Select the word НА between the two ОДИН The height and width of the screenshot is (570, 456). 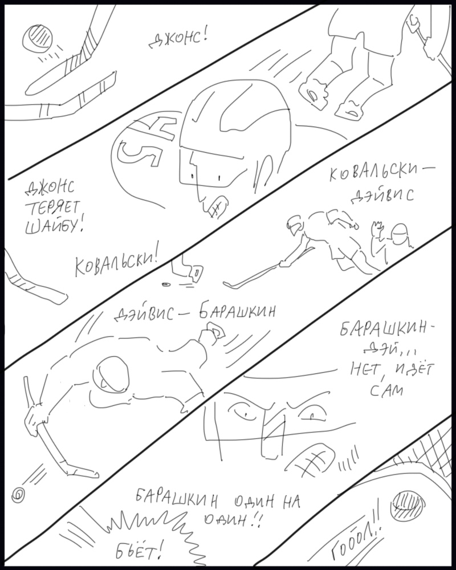click(x=290, y=502)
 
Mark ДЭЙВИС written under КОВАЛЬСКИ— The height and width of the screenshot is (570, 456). click(x=381, y=196)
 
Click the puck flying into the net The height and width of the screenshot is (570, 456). click(x=408, y=504)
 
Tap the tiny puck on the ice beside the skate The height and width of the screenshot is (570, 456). click(x=166, y=284)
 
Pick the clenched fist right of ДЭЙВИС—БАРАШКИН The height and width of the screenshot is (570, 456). click(x=214, y=333)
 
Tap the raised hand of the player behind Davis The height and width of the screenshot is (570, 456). click(x=376, y=229)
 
